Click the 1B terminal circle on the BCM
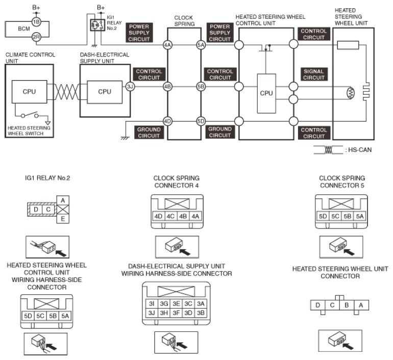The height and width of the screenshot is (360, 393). click(36, 21)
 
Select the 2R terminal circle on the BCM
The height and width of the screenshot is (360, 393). click(36, 37)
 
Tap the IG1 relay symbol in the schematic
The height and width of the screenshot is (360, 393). click(97, 25)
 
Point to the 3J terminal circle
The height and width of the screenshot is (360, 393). click(130, 87)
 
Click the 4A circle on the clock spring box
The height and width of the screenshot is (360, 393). click(167, 45)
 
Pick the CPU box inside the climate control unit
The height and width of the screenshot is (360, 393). click(29, 92)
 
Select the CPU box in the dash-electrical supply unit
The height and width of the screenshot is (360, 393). click(105, 92)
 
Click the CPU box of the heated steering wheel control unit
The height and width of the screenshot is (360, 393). click(266, 93)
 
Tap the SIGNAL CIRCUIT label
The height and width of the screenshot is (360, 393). click(313, 74)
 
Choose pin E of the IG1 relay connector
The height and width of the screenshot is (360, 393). click(63, 219)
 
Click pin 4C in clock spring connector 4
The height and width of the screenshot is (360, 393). click(170, 216)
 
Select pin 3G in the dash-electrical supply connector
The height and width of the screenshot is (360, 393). click(164, 304)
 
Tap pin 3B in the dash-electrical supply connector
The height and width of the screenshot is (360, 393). click(201, 313)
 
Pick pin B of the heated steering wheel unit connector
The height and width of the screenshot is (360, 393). click(347, 305)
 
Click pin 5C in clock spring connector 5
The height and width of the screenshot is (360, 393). click(335, 216)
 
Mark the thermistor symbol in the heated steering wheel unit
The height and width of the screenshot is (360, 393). click(351, 93)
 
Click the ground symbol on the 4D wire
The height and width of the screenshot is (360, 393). click(125, 138)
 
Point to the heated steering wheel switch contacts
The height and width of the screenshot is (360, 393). click(30, 115)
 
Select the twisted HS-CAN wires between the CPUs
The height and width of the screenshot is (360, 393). click(66, 92)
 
